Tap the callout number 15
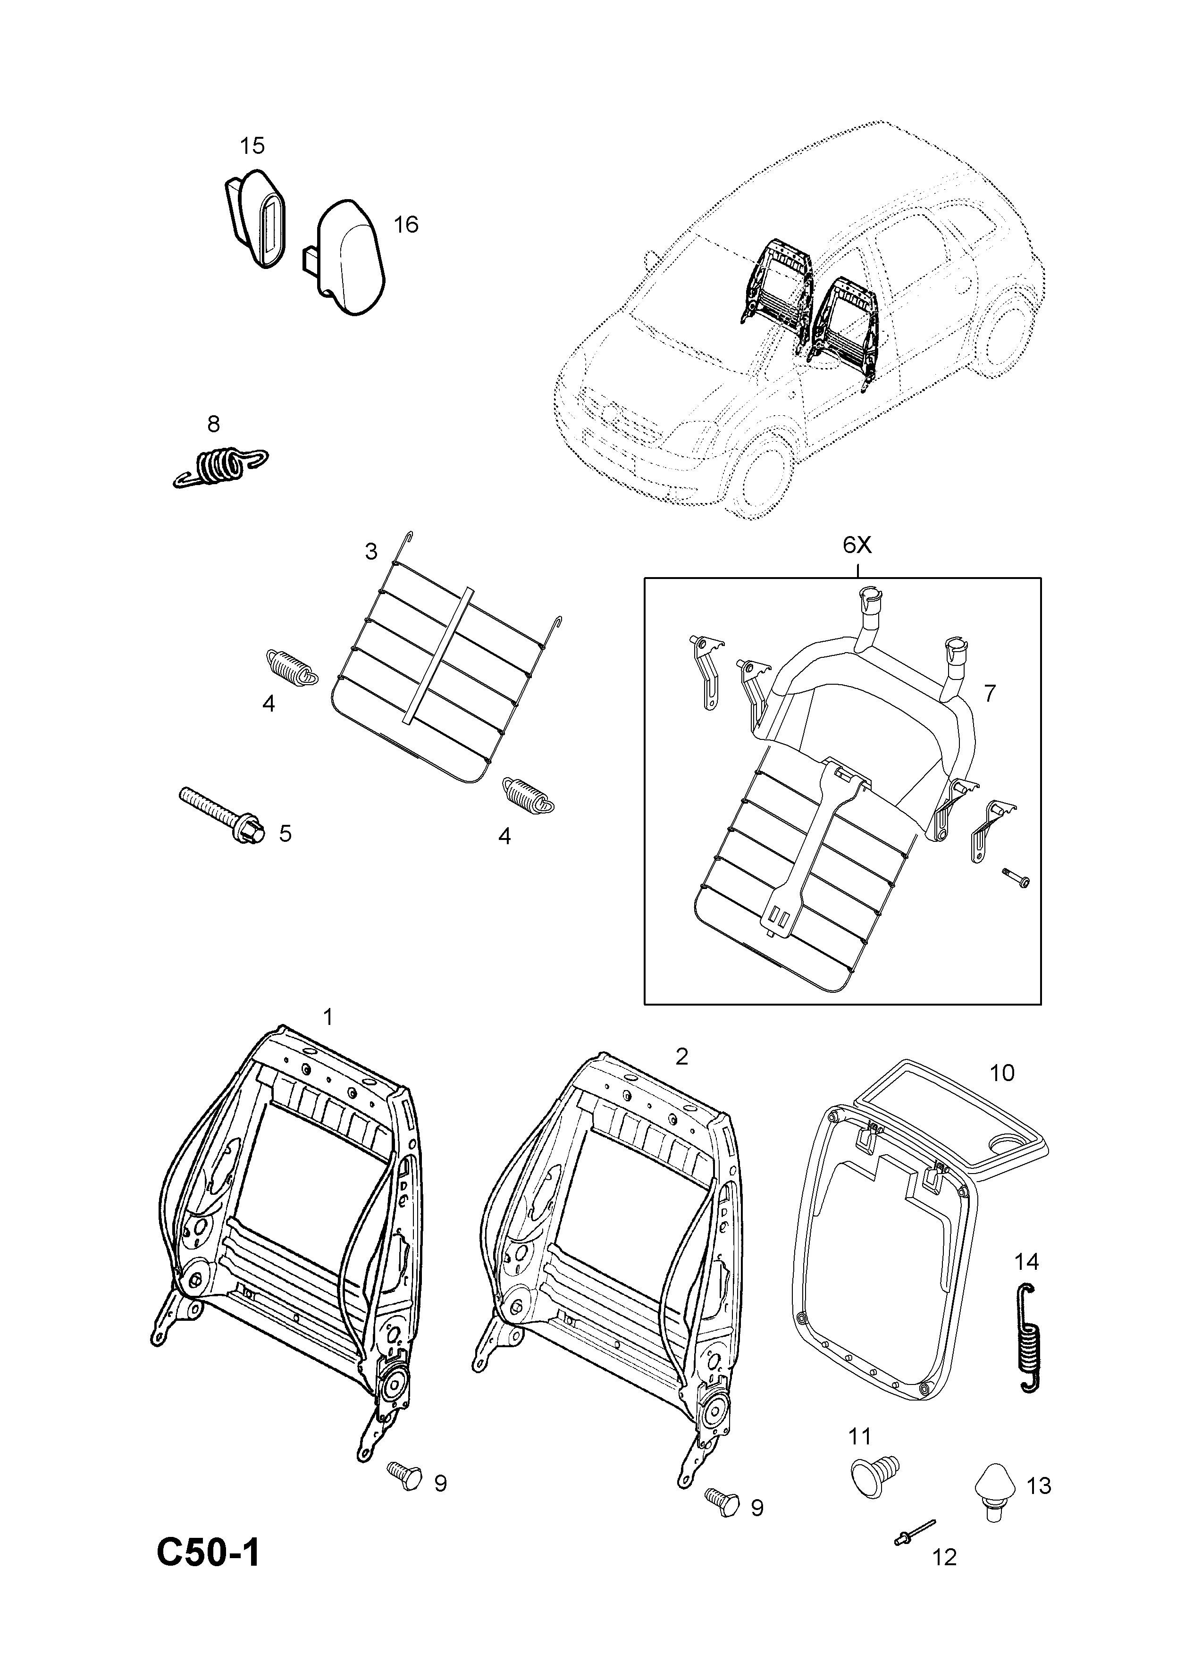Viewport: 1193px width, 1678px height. (252, 146)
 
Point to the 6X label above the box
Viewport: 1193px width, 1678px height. (857, 545)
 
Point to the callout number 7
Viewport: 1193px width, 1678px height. (990, 693)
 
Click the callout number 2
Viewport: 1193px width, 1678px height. (682, 1057)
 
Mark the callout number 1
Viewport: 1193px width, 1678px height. (328, 1017)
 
